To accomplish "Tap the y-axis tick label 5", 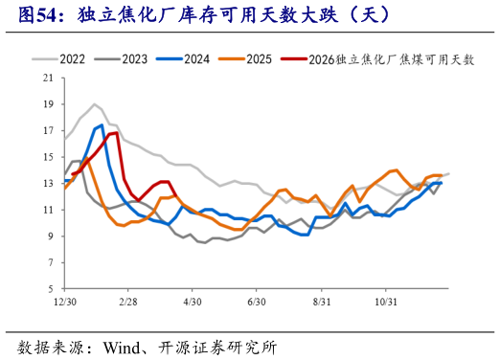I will click(x=48, y=288).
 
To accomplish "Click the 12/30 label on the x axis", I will click(x=64, y=301).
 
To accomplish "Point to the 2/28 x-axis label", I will click(x=128, y=301).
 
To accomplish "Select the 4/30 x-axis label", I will click(x=193, y=301).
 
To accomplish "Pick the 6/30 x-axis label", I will click(x=256, y=301).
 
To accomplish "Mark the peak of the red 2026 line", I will click(x=115, y=133).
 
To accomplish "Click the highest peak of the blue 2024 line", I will click(x=101, y=124).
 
